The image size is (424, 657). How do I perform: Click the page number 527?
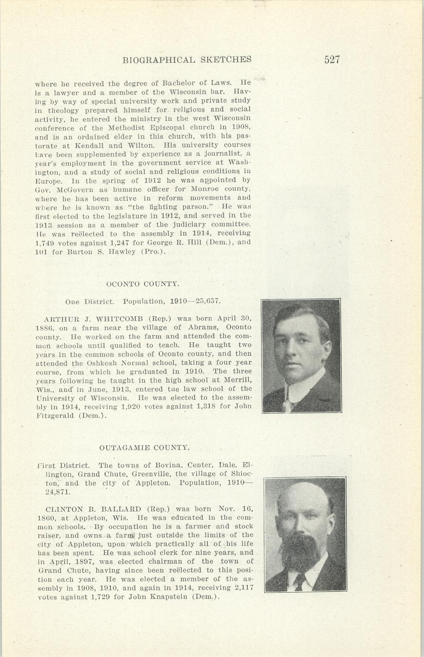[x=332, y=60]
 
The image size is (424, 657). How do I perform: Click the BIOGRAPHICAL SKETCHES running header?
[x=187, y=60]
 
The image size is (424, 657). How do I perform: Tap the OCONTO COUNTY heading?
[x=143, y=284]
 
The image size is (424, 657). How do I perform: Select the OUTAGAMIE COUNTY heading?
[x=144, y=448]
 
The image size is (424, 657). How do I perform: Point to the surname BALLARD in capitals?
[x=119, y=509]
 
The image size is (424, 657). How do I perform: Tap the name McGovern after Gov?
[x=65, y=189]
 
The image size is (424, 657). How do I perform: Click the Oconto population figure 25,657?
[x=208, y=301]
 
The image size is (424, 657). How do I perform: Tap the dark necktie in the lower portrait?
[x=300, y=582]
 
